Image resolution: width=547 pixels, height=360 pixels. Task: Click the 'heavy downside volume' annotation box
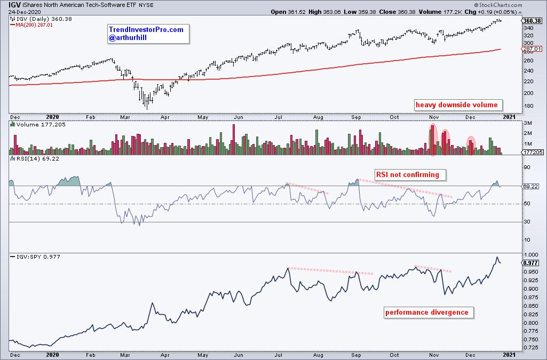pos(456,105)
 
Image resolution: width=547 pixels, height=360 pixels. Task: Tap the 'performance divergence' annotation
pos(427,313)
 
